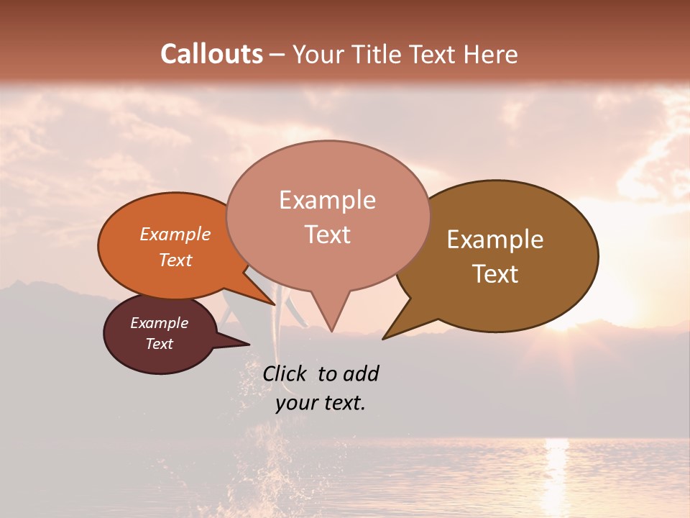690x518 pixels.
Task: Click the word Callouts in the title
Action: coord(211,54)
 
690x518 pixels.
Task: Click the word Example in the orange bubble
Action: coord(175,234)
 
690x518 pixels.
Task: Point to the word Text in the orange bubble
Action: coord(175,260)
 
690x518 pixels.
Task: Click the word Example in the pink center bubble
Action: coord(327,200)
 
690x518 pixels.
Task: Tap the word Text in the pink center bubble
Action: coord(327,235)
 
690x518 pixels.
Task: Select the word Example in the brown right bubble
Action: coord(495,240)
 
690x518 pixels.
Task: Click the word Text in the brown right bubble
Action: coord(495,274)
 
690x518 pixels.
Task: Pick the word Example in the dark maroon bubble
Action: coord(159,323)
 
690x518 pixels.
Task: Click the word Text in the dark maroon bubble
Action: coord(159,344)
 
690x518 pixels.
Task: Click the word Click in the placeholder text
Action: coord(285,373)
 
